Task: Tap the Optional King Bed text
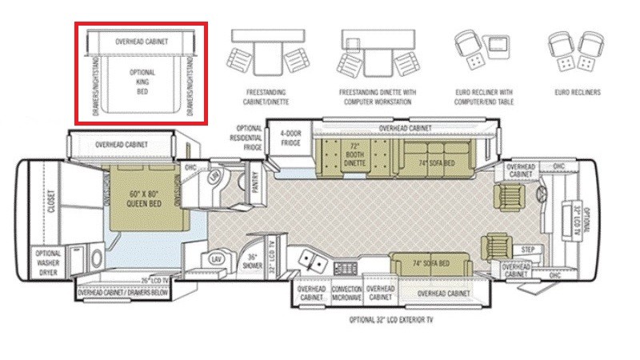coord(142,81)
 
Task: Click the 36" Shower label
coord(253,262)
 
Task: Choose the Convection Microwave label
coord(347,293)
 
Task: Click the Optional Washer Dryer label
coord(48,265)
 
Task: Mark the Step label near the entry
coord(528,250)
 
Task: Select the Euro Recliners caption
coord(578,93)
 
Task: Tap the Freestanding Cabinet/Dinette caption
coord(266,98)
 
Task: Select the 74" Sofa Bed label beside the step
coord(431,263)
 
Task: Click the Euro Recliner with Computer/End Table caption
coord(483,98)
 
